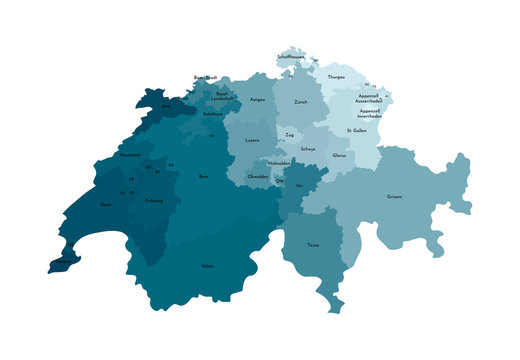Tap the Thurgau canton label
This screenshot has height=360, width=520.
click(336, 76)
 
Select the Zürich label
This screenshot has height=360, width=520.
click(301, 102)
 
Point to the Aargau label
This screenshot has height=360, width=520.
click(257, 100)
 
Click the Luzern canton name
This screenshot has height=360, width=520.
click(252, 140)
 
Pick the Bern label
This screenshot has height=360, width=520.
click(204, 176)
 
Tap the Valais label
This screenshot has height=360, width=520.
click(207, 266)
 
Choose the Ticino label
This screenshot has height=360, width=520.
click(313, 244)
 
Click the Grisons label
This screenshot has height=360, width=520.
click(395, 196)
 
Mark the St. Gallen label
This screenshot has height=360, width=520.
click(356, 131)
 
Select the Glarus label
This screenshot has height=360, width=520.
click(339, 155)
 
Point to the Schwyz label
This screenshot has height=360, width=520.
click(308, 149)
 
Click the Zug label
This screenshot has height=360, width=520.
click(289, 134)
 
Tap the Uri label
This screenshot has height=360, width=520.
click(300, 185)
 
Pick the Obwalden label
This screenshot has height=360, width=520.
click(258, 176)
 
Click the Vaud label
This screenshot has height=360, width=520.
click(106, 204)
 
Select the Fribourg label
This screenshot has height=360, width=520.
click(154, 200)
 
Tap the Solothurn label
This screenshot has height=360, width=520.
click(212, 115)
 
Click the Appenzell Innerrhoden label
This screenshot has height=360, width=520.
click(369, 113)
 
